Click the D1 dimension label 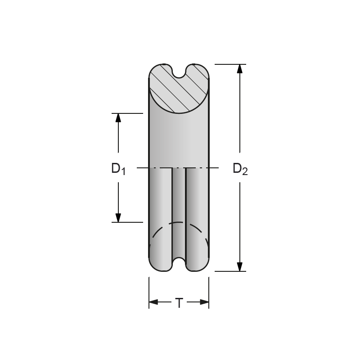(x=118, y=169)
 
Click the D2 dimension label (x=240, y=169)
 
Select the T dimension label (x=179, y=303)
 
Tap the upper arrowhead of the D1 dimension (x=118, y=118)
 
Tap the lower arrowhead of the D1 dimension (x=118, y=217)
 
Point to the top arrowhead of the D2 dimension (x=240, y=69)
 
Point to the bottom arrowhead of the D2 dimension (x=240, y=266)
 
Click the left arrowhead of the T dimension (x=153, y=302)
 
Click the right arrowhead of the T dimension (x=205, y=302)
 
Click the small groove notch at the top (x=179, y=72)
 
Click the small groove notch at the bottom (x=179, y=264)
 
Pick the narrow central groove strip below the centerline (x=179, y=211)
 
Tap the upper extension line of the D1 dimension (x=127, y=113)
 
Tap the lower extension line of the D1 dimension (x=127, y=222)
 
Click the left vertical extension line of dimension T (x=149, y=292)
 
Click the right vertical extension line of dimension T (x=209, y=292)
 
